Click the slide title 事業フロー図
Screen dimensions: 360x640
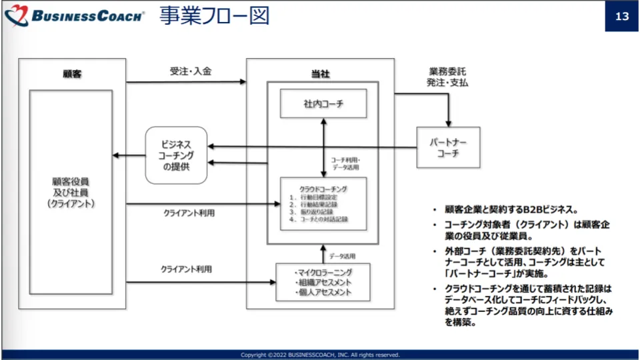point(214,16)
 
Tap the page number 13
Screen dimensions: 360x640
point(621,17)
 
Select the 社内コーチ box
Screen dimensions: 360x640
point(323,104)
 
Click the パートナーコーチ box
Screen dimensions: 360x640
point(447,147)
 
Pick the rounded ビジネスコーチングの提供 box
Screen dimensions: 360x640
point(176,155)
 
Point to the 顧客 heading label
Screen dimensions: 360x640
point(72,74)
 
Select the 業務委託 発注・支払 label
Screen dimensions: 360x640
point(447,77)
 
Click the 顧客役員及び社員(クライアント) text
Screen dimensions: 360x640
point(71,192)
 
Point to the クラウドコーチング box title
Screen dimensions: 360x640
point(323,189)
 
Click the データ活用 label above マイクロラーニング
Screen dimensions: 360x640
point(343,255)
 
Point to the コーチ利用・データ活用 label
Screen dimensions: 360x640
point(346,164)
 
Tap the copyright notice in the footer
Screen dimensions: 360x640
point(320,355)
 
